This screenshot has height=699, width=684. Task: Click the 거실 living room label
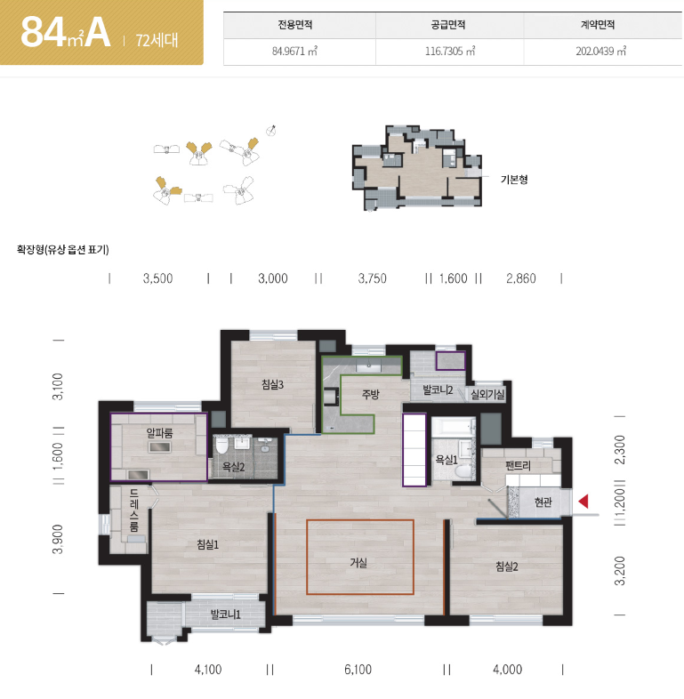(x=358, y=563)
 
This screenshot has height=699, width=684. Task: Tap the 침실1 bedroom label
(x=208, y=544)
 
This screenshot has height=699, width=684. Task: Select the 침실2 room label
(x=507, y=566)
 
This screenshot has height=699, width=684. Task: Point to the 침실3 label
(x=272, y=384)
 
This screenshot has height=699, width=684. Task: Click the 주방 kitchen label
(x=371, y=394)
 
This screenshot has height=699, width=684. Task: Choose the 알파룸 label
(x=159, y=432)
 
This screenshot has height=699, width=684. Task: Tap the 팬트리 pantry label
(x=519, y=466)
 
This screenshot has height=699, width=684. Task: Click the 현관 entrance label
(x=543, y=502)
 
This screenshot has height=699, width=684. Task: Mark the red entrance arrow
(x=583, y=502)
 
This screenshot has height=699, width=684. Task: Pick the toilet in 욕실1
(x=463, y=471)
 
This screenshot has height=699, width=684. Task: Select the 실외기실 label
(x=487, y=394)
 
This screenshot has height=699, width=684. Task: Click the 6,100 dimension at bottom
(x=358, y=670)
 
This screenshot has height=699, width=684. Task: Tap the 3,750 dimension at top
(x=373, y=278)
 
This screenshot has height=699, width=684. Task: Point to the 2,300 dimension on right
(x=620, y=450)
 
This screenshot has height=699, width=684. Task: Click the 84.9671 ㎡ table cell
(x=294, y=52)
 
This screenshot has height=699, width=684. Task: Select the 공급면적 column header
(x=448, y=25)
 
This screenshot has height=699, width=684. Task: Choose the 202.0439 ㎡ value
(x=600, y=52)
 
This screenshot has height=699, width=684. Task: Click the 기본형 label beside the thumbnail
(x=514, y=180)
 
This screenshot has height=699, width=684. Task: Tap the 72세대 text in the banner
(x=157, y=40)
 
